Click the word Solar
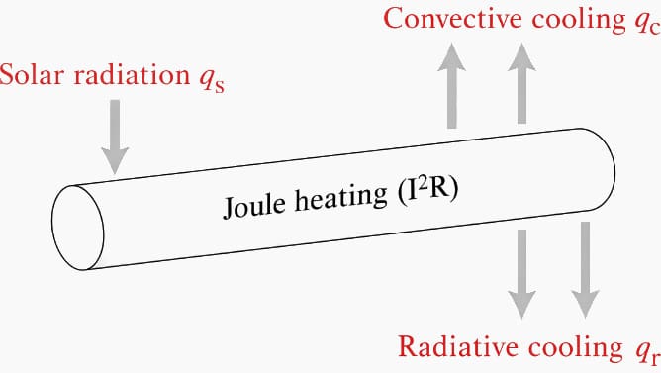tap(32, 74)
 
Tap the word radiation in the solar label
tap(132, 74)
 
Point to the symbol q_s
tap(212, 79)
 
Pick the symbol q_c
tap(646, 23)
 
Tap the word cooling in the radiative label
tap(576, 347)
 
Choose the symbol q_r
tap(645, 352)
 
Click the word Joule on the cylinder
tap(253, 206)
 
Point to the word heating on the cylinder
tap(340, 197)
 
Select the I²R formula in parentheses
tap(427, 191)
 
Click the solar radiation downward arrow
tap(115, 137)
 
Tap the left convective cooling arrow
tap(451, 85)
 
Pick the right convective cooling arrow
tap(521, 83)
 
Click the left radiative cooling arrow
tap(521, 274)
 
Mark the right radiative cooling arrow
tap(585, 270)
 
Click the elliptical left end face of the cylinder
tap(77, 228)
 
